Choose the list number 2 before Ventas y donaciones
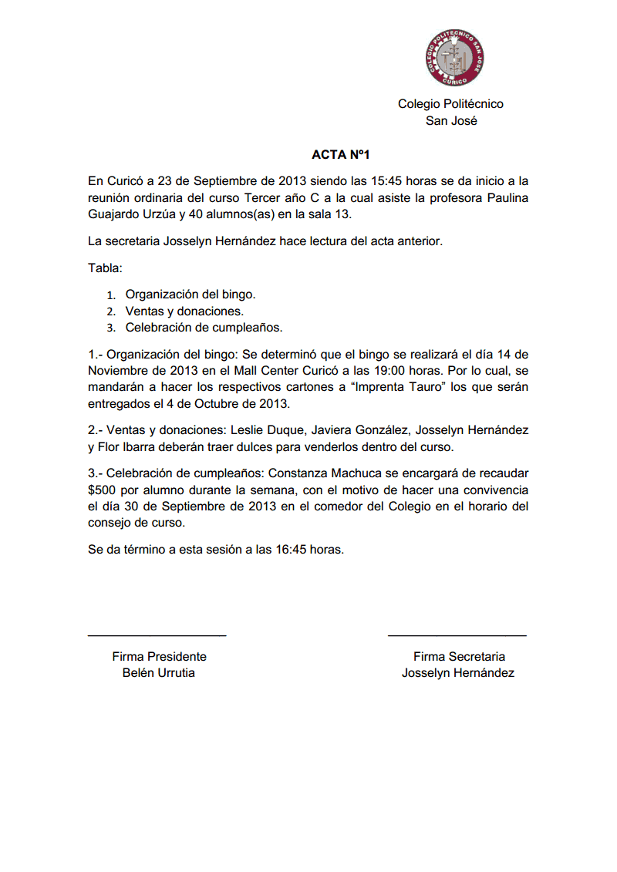click(111, 311)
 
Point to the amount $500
click(103, 490)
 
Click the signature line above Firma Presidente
click(157, 635)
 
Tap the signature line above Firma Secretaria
click(457, 635)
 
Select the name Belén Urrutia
click(159, 673)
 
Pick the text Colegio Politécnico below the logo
click(450, 104)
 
